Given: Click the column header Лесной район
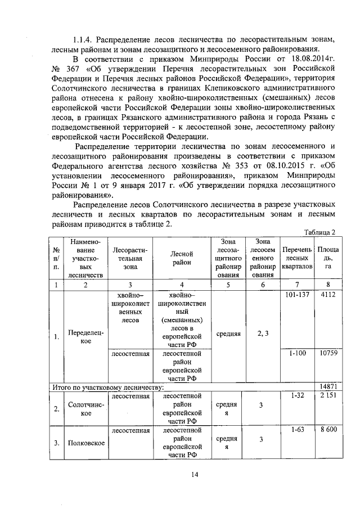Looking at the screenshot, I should pos(182,258).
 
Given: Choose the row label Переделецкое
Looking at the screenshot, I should pos(85,337).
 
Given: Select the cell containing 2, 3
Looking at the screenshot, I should pos(262,334).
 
